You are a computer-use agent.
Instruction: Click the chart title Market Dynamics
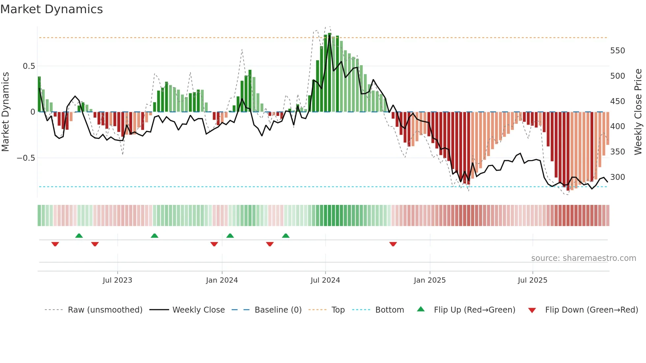(x=51, y=9)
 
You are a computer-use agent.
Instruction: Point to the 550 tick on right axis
(x=617, y=51)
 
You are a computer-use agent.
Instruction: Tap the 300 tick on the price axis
(x=617, y=177)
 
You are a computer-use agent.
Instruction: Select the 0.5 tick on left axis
(x=29, y=66)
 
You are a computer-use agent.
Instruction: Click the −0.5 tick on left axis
(x=26, y=158)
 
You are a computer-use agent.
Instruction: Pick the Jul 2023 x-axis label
(x=117, y=280)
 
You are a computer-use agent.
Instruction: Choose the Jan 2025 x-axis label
(x=429, y=280)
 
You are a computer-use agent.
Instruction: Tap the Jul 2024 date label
(x=325, y=280)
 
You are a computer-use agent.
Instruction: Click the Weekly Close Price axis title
(x=638, y=112)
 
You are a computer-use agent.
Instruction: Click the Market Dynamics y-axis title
(x=5, y=112)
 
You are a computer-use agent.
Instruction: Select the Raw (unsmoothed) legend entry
(x=105, y=310)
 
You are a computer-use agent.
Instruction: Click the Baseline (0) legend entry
(x=278, y=310)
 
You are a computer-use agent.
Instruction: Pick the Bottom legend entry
(x=389, y=310)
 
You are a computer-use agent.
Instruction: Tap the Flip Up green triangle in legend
(x=421, y=309)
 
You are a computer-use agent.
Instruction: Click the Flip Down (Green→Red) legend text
(x=591, y=310)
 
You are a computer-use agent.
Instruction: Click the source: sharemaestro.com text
(x=583, y=258)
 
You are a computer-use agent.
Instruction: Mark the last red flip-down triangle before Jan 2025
(x=393, y=244)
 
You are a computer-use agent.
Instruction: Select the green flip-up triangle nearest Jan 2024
(x=230, y=236)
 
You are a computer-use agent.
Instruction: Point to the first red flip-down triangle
(x=55, y=244)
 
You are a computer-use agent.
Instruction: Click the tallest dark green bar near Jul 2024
(x=330, y=72)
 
